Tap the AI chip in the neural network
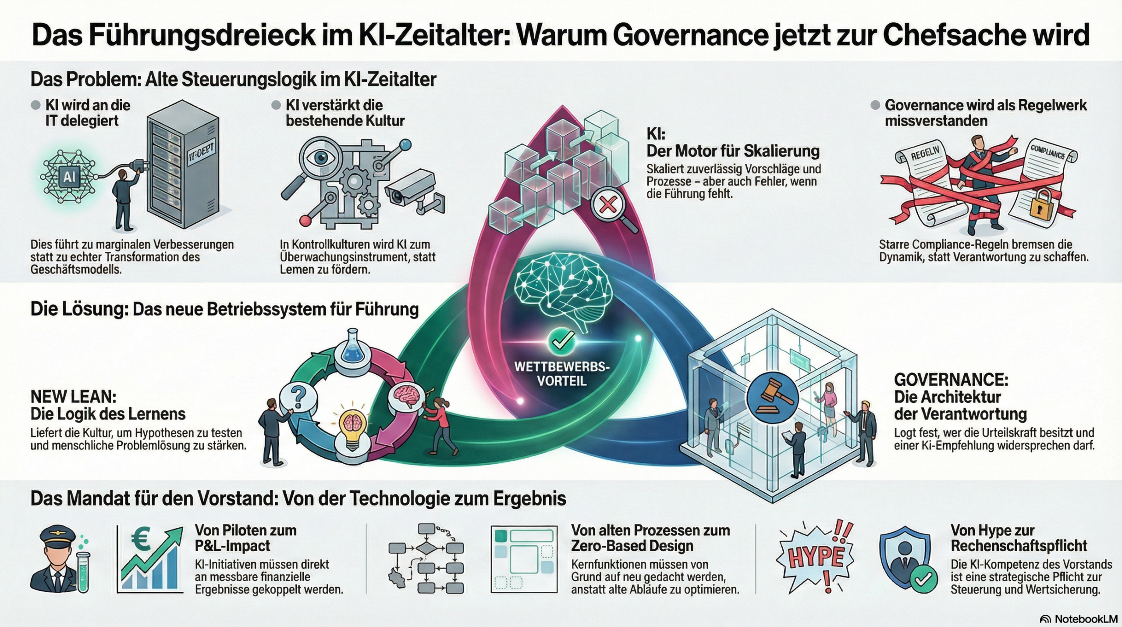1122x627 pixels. click(69, 177)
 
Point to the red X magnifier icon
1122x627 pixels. click(608, 205)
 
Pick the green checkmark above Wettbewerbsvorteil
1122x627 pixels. click(561, 340)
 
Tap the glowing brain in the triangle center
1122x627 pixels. click(561, 290)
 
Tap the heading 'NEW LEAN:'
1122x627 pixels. click(74, 397)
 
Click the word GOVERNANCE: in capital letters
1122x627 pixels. click(951, 380)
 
